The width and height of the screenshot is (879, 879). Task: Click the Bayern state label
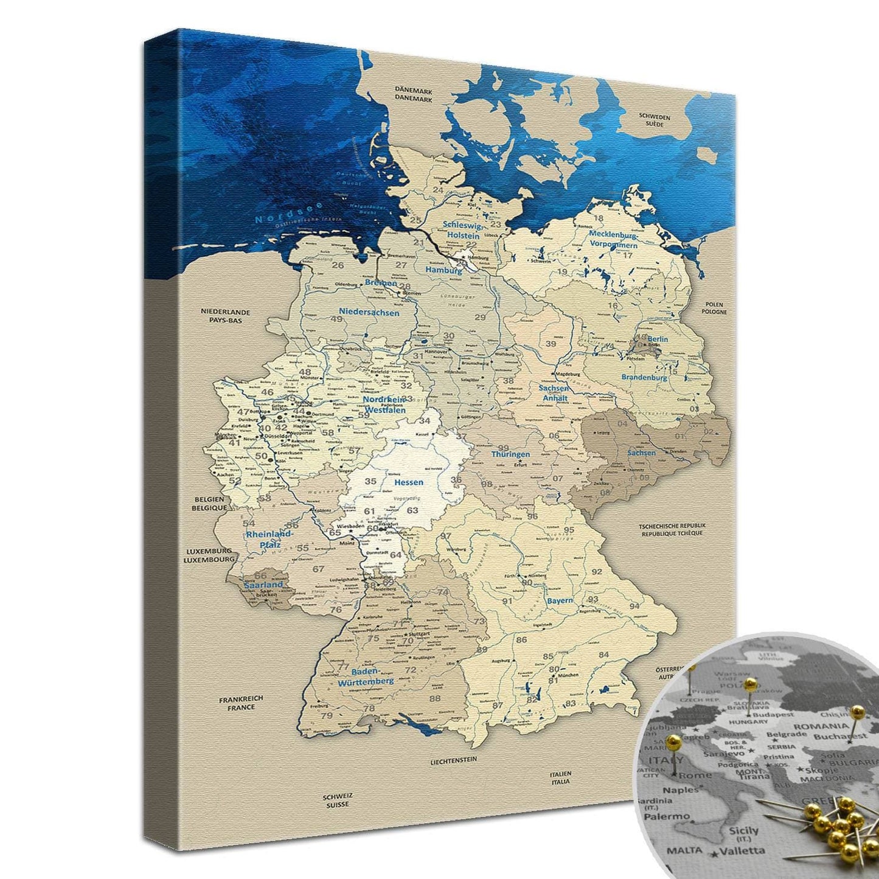pos(559,600)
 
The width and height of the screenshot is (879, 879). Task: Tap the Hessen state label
pos(408,482)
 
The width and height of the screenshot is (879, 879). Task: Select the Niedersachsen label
pos(369,313)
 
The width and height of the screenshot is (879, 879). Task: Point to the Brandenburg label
pos(644,377)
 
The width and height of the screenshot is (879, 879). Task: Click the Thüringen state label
pos(510,454)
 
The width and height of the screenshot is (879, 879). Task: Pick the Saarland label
pos(263,585)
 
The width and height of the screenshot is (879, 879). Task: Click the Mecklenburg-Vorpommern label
pos(613,239)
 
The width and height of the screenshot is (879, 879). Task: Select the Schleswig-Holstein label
pos(463,229)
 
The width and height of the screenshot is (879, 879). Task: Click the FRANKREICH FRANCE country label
pos(241,703)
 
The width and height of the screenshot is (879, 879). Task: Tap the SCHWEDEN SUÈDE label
pos(655,120)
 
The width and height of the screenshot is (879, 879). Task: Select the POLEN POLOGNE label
pos(714,308)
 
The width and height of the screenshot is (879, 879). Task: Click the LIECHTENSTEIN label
pos(453,760)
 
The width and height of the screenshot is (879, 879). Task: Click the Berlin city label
pos(658,339)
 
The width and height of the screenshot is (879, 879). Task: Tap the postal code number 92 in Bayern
pos(597,571)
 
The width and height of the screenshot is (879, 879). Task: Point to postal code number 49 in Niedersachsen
pos(336,319)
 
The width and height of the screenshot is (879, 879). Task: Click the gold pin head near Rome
pos(673,741)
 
